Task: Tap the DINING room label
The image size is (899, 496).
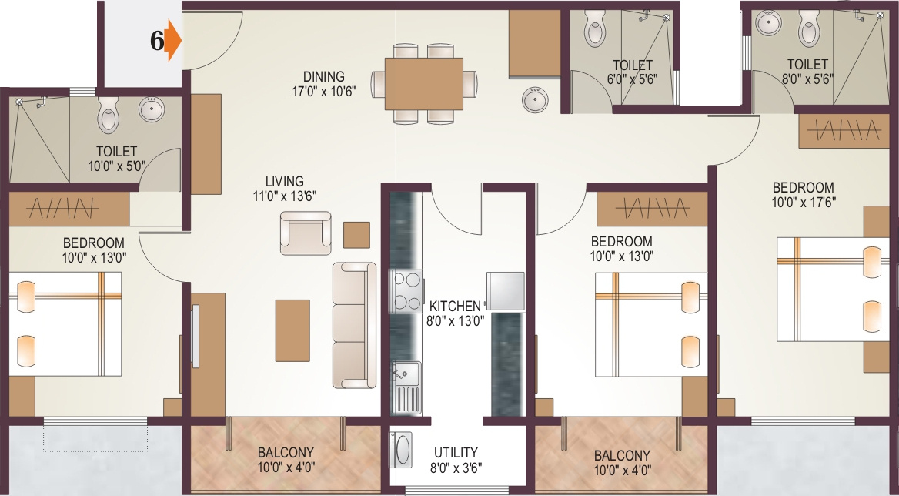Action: [x=323, y=77]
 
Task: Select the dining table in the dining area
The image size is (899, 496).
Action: [x=423, y=83]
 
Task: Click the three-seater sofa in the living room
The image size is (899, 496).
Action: [x=354, y=324]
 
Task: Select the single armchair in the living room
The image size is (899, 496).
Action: [x=306, y=233]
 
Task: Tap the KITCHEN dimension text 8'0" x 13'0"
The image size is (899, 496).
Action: [x=456, y=320]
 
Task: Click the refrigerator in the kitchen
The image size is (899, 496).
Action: [x=505, y=291]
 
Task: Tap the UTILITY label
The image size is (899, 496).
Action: [x=456, y=452]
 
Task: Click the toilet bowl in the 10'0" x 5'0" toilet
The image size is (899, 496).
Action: [x=108, y=116]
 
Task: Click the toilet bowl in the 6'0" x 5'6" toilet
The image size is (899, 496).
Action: [x=595, y=28]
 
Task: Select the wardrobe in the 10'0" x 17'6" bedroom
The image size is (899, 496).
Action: [x=840, y=132]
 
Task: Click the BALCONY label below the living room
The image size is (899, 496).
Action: [x=286, y=452]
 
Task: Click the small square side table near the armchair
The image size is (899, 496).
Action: [x=356, y=234]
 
